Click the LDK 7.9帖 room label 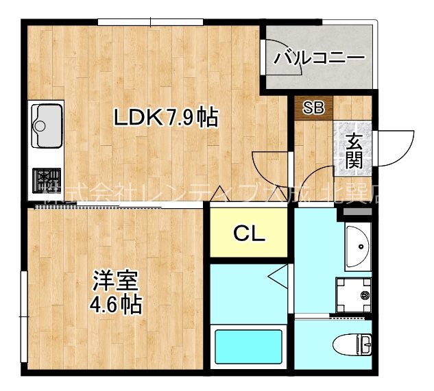click(166, 118)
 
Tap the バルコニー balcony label click(319, 58)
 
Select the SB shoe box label click(313, 108)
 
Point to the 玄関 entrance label click(354, 151)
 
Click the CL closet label click(249, 234)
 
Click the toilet click(354, 343)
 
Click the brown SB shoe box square click(313, 108)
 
